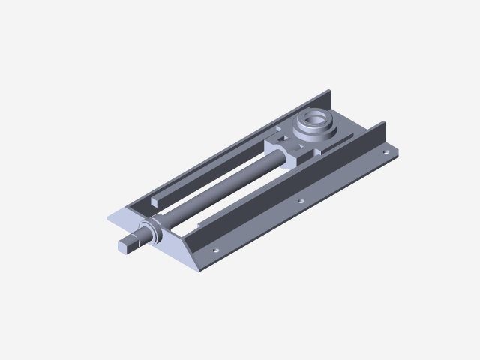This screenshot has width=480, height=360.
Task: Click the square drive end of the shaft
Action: click(129, 242)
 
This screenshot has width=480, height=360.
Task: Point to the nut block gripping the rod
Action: click(285, 154)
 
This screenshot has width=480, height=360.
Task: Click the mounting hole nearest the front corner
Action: click(216, 250)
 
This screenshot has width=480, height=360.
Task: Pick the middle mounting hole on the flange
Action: click(300, 201)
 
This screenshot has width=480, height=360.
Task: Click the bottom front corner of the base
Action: click(199, 269)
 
